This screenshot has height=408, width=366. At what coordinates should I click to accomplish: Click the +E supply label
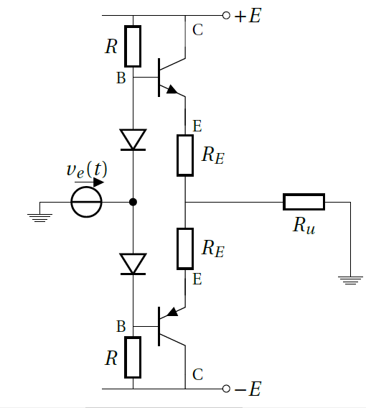[248, 16]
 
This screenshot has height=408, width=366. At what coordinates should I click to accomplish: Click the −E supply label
[248, 389]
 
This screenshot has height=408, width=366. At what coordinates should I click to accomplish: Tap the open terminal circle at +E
[226, 16]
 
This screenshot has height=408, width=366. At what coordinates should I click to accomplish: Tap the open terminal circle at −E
[226, 389]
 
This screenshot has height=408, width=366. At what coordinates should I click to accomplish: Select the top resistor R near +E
[133, 46]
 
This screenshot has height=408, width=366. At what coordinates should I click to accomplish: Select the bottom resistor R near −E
[133, 357]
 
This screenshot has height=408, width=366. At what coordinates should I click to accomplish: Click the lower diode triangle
[133, 264]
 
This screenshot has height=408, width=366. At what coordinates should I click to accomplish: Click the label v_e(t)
[87, 170]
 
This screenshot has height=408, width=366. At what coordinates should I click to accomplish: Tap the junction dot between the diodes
[133, 202]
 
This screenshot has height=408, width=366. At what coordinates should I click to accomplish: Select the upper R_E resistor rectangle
[185, 155]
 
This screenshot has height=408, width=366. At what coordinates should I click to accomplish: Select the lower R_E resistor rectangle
[185, 249]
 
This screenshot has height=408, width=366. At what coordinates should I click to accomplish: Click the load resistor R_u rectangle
[304, 202]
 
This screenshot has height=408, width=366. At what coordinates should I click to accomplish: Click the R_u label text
[304, 226]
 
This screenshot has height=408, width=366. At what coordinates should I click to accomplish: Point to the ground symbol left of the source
[39, 218]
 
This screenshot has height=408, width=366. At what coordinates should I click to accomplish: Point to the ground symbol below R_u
[350, 280]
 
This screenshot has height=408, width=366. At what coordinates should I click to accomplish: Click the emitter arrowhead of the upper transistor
[172, 89]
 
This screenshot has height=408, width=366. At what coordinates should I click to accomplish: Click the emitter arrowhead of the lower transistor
[172, 312]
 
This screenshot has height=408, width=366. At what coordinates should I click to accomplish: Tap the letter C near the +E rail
[197, 29]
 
